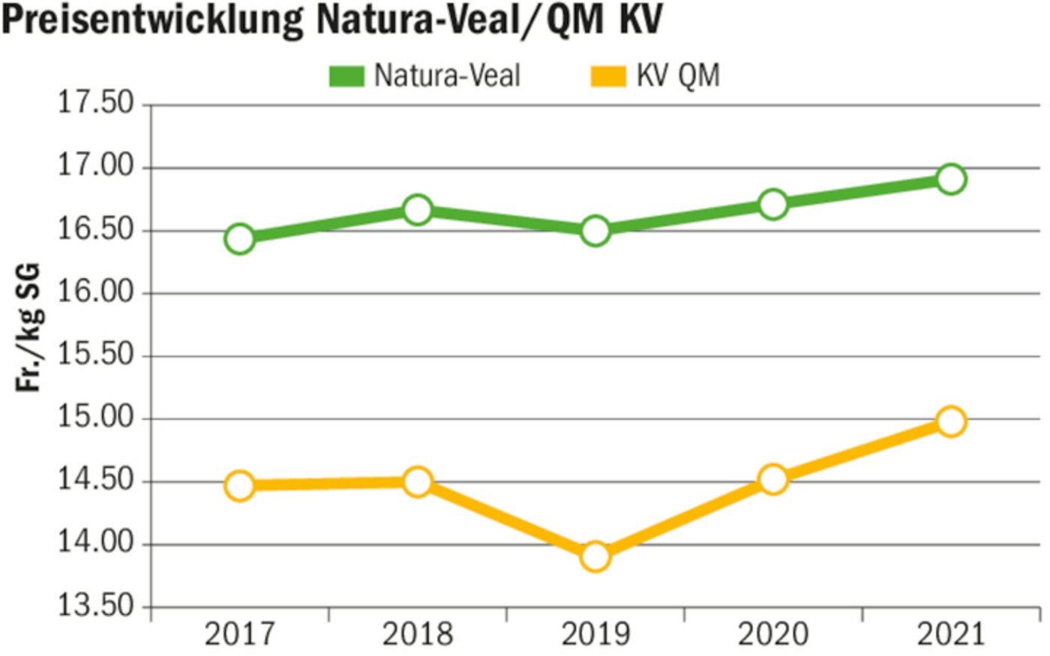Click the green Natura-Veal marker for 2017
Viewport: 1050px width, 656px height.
pyautogui.click(x=239, y=239)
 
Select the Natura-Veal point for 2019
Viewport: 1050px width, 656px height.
pyautogui.click(x=595, y=231)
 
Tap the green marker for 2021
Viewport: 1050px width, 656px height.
pyautogui.click(x=950, y=179)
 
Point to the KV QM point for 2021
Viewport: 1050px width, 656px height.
pyautogui.click(x=950, y=422)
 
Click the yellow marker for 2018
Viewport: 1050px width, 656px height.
pyautogui.click(x=417, y=482)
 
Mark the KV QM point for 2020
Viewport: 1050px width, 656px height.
pyautogui.click(x=772, y=479)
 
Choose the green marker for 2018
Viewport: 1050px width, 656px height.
pyautogui.click(x=417, y=210)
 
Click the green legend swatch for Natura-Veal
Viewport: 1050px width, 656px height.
pyautogui.click(x=346, y=76)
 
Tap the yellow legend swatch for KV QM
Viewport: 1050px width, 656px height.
pyautogui.click(x=607, y=76)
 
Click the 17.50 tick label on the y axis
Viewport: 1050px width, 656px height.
pyautogui.click(x=96, y=103)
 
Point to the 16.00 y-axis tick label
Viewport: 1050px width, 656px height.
pyautogui.click(x=96, y=292)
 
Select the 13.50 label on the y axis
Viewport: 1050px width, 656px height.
pyautogui.click(x=96, y=606)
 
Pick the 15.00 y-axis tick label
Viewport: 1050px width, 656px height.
pyautogui.click(x=96, y=418)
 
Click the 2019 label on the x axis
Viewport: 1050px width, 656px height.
pyautogui.click(x=595, y=635)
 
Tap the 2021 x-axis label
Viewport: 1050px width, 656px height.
pyautogui.click(x=951, y=635)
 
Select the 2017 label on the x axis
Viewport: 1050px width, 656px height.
pyautogui.click(x=240, y=635)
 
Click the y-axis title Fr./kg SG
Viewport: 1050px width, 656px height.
pyautogui.click(x=28, y=327)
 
